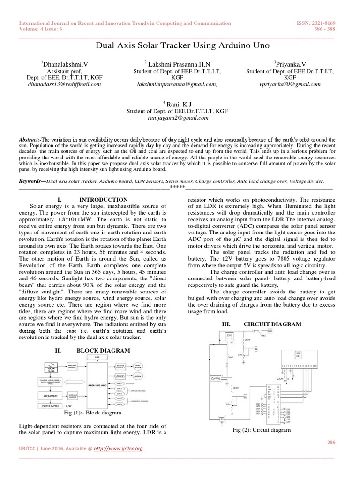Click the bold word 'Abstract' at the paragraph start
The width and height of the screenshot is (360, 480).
(x=29, y=140)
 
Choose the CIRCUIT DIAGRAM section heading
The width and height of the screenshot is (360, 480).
(x=269, y=324)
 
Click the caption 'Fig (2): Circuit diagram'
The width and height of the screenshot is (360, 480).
(x=262, y=430)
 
